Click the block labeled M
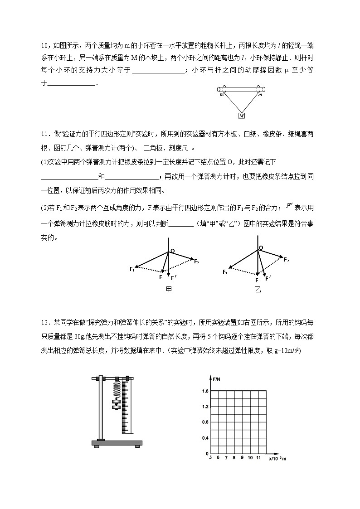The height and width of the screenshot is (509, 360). pyautogui.click(x=242, y=116)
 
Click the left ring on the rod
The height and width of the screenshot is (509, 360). pyautogui.click(x=224, y=89)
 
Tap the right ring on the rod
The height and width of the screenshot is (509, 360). pyautogui.click(x=262, y=89)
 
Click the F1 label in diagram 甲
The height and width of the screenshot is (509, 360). pyautogui.click(x=132, y=269)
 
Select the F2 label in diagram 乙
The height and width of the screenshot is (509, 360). pyautogui.click(x=287, y=259)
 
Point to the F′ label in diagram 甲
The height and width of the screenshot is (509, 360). pyautogui.click(x=174, y=278)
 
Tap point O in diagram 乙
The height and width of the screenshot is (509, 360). pyautogui.click(x=261, y=248)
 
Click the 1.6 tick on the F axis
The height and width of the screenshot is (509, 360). pyautogui.click(x=205, y=391)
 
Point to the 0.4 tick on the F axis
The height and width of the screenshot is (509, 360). pyautogui.click(x=205, y=438)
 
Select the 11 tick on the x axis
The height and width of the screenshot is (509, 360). pyautogui.click(x=258, y=458)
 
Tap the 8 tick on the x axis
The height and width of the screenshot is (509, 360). pyautogui.click(x=234, y=458)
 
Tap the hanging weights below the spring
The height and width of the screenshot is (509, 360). pyautogui.click(x=116, y=405)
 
